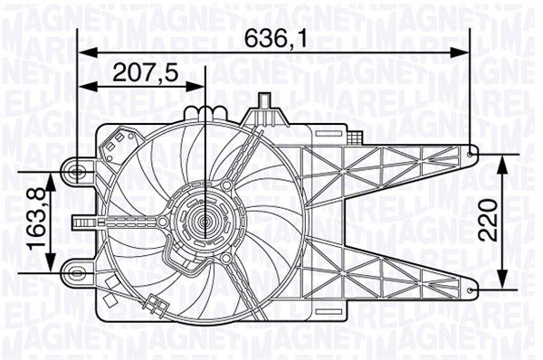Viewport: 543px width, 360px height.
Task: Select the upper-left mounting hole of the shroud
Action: tap(79, 169)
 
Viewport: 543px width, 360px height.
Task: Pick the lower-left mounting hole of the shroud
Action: tap(79, 268)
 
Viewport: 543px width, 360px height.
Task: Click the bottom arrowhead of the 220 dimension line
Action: tap(502, 283)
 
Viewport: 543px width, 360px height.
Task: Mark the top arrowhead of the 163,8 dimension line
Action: tap(53, 175)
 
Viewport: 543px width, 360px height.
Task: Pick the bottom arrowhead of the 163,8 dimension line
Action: tap(53, 261)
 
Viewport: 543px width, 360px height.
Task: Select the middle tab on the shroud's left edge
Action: tap(81, 219)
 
